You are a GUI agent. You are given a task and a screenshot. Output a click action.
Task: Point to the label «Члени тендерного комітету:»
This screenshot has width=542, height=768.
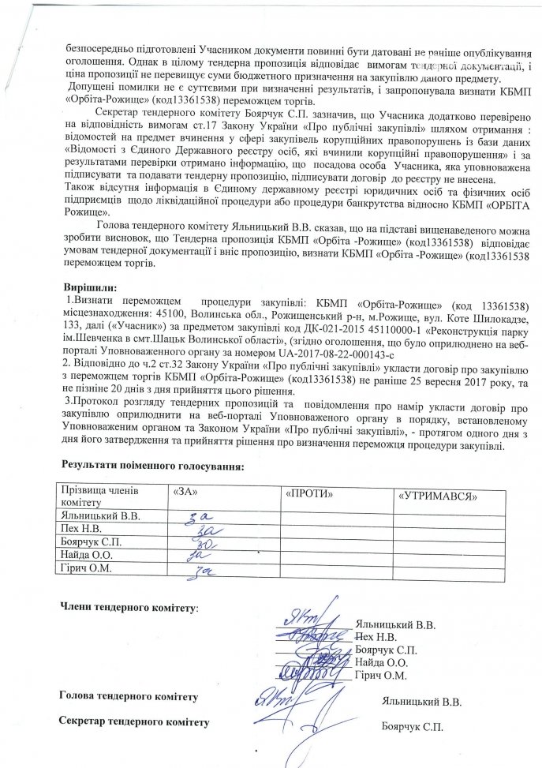coord(130,609)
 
